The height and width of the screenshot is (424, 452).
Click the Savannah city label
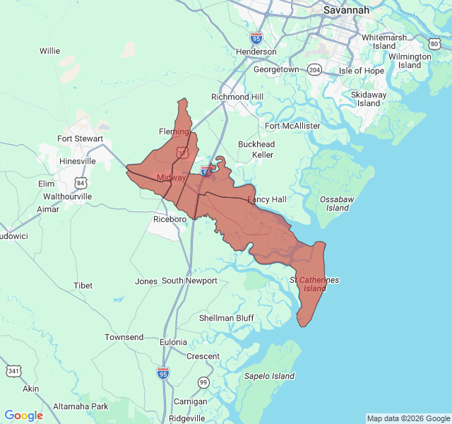coord(346,10)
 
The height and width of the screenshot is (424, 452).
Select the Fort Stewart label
coord(80,139)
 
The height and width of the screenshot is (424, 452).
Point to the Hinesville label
coord(78,161)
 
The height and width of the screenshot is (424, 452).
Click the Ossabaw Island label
coord(338,204)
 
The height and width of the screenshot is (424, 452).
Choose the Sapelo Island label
coord(269,376)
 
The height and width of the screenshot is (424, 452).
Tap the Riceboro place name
coord(170,219)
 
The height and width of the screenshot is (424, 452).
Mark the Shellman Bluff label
coord(226,318)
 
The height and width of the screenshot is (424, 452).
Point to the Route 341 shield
coord(14,370)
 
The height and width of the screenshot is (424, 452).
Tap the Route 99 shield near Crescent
coord(203,382)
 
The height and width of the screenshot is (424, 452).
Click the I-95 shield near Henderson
coord(256,37)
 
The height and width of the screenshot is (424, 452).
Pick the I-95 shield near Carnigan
coord(163,372)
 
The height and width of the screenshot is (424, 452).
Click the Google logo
coord(24,416)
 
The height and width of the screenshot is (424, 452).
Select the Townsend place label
coord(124,338)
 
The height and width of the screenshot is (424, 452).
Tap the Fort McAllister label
coord(292,126)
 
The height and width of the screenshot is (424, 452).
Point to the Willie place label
coord(49,51)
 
